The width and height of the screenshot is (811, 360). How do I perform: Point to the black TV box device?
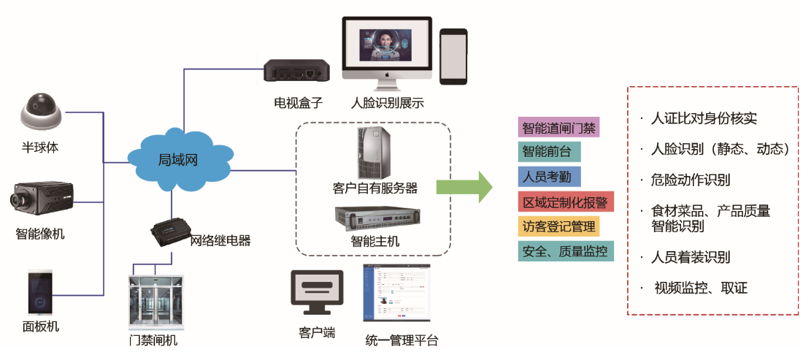pyautogui.click(x=296, y=72)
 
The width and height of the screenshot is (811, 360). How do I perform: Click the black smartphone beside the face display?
pyautogui.click(x=453, y=56)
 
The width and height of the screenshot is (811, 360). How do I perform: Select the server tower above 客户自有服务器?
pyautogui.click(x=374, y=152)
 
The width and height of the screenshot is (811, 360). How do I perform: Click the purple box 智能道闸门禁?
pyautogui.click(x=558, y=128)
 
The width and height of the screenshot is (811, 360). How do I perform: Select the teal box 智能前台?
pyautogui.click(x=550, y=152)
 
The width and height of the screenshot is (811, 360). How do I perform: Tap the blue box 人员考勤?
pyautogui.click(x=550, y=176)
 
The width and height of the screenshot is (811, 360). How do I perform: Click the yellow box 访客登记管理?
pyautogui.click(x=558, y=226)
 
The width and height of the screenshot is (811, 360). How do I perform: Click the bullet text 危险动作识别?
pyautogui.click(x=690, y=180)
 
